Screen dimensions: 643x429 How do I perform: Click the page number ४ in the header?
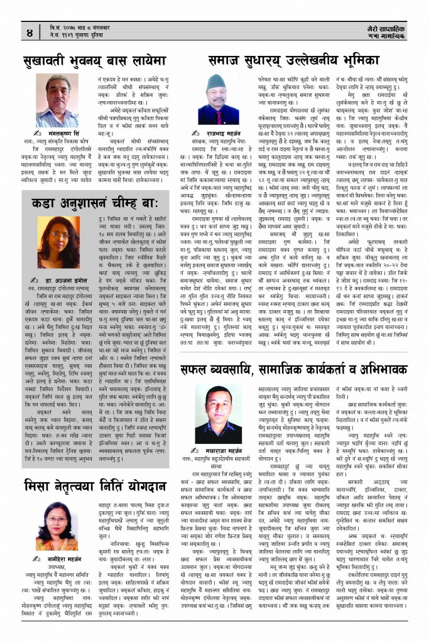click(30, 31)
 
